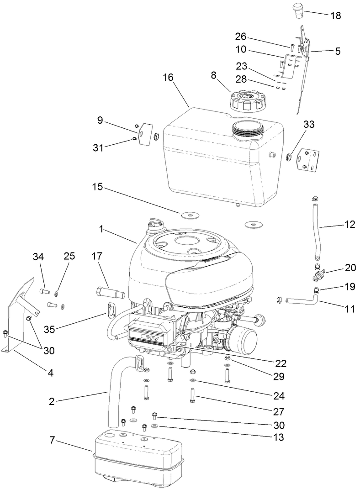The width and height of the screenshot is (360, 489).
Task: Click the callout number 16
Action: point(168,77)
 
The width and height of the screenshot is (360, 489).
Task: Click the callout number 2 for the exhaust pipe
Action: point(52,402)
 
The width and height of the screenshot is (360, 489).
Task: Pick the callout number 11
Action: point(349,309)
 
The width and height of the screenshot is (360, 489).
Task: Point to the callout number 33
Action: point(309,124)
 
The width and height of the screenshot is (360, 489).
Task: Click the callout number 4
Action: point(51,373)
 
